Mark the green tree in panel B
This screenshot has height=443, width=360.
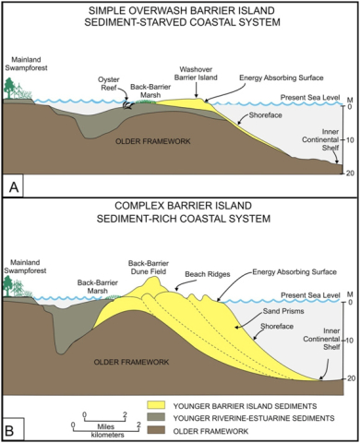pyautogui.click(x=12, y=285)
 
